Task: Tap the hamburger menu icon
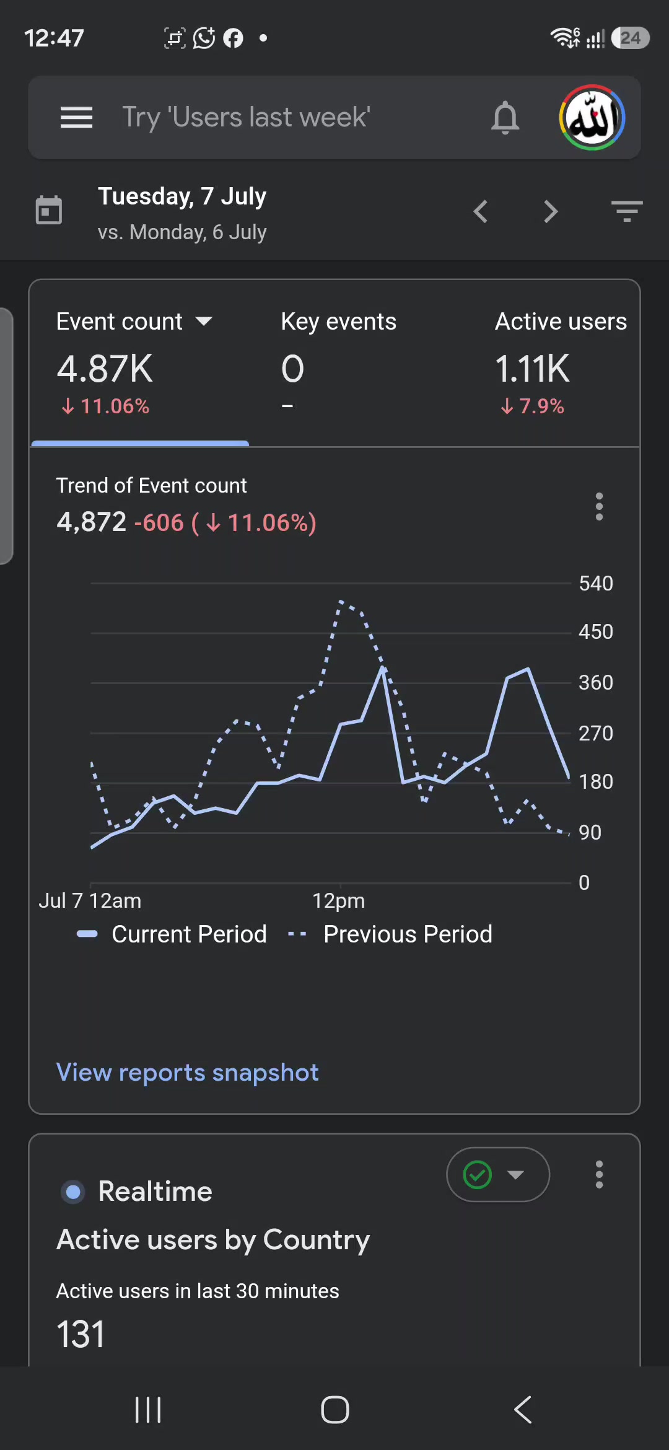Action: pos(76,117)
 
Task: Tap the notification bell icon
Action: pos(505,117)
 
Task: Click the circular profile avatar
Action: pos(592,117)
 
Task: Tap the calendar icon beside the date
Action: pos(49,210)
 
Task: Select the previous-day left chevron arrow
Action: pos(481,211)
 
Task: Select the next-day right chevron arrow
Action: pos(551,211)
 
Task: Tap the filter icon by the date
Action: pos(626,211)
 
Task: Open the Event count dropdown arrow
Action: pos(204,321)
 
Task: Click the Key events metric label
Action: pos(338,322)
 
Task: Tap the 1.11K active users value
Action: pos(532,369)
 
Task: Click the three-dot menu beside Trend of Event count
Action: pos(599,506)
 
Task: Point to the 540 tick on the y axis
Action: pos(596,583)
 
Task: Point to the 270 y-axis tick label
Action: pos(596,733)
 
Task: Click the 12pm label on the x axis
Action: pos(338,900)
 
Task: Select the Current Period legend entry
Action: pos(172,934)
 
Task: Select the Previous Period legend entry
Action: pos(390,934)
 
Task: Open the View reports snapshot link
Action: pos(187,1072)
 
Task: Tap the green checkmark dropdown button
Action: pos(498,1174)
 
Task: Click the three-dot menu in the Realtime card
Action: pos(599,1174)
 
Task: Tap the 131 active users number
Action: pos(81,1334)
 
